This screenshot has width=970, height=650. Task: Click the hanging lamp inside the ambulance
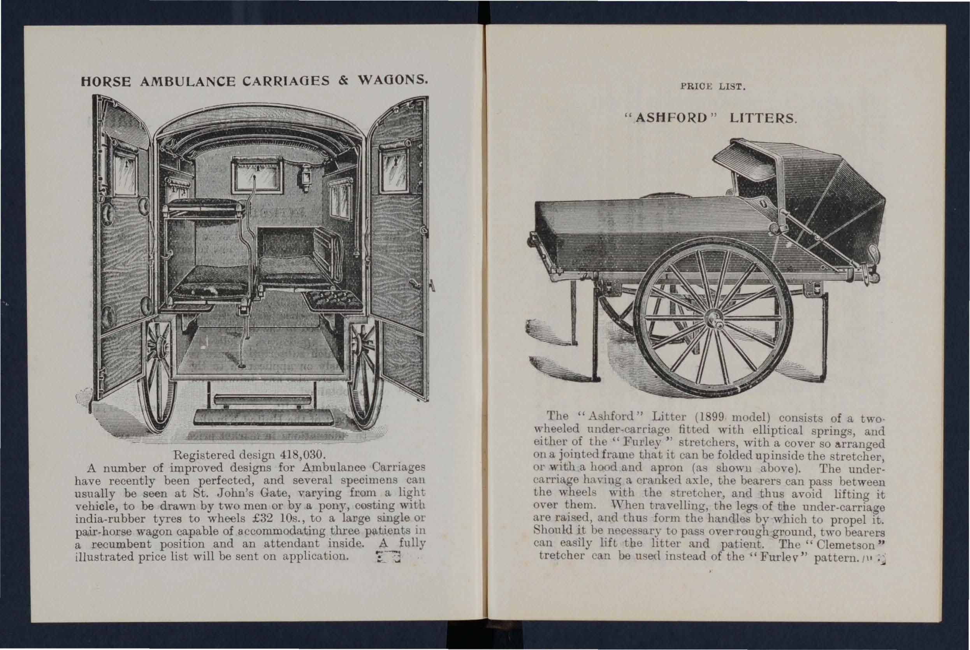[306, 177]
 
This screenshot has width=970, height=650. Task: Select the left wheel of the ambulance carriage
[158, 373]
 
